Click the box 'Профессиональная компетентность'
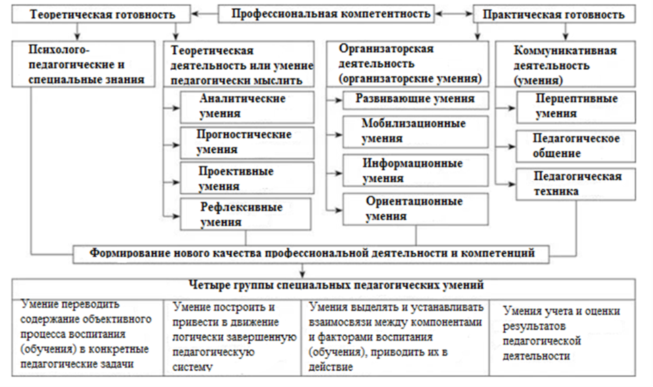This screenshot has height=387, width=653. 326,14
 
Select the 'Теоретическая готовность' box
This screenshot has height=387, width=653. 101,14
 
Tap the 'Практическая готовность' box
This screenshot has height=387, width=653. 554,14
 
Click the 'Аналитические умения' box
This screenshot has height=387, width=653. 247,107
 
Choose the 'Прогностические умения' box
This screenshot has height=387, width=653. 247,143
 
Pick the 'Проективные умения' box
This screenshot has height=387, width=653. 247,178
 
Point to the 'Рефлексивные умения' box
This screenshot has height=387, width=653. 245,214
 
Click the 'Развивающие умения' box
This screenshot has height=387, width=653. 415,100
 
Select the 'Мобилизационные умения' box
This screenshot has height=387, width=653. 415,131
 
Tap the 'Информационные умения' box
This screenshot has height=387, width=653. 415,171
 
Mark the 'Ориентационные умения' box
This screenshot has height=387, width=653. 415,209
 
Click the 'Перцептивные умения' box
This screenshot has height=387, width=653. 576,107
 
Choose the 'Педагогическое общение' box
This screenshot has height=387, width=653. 576,146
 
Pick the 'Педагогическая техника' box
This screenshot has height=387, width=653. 576,184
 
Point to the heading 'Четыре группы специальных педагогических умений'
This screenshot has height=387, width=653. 336,285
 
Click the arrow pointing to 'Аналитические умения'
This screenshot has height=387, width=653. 171,108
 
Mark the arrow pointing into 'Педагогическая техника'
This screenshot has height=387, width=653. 506,184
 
